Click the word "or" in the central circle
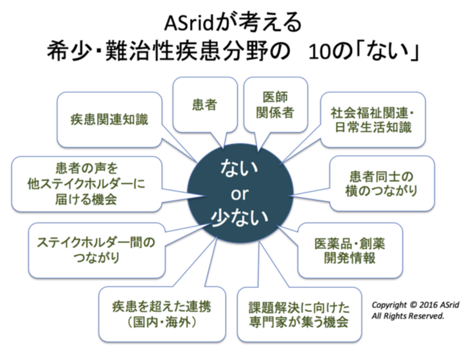[239, 192]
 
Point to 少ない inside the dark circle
[239, 217]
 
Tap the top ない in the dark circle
[239, 168]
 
